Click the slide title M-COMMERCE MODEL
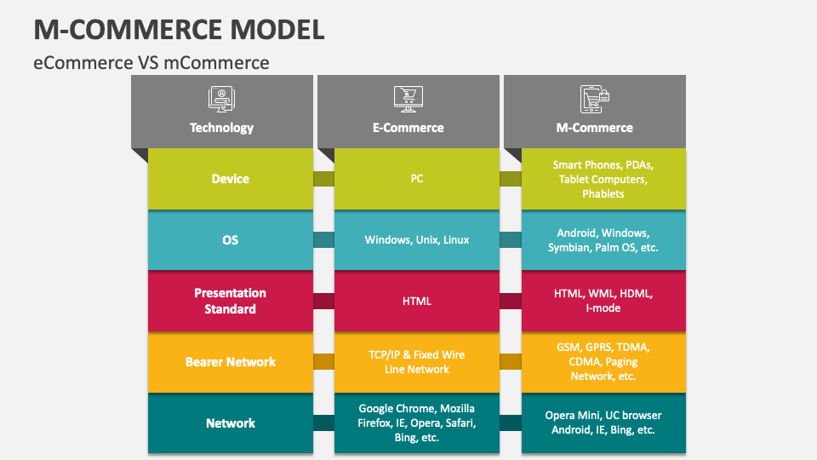[x=179, y=28]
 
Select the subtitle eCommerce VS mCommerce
[x=151, y=62]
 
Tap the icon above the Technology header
[x=221, y=98]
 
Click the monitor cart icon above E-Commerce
[x=408, y=98]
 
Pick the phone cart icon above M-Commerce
[x=594, y=98]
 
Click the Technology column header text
[x=221, y=128]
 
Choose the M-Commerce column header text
[x=594, y=128]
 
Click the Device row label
[x=230, y=179]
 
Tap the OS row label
[x=230, y=240]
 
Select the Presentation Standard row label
[x=230, y=301]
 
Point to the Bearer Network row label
[x=230, y=362]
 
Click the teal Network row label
[x=230, y=423]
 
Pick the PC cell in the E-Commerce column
[x=417, y=179]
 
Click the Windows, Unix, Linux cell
[x=417, y=240]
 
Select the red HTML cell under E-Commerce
[x=417, y=301]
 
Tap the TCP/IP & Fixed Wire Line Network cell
[x=417, y=362]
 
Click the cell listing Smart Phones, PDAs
[x=603, y=179]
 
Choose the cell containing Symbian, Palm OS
[x=603, y=240]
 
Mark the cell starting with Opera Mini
[x=603, y=423]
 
